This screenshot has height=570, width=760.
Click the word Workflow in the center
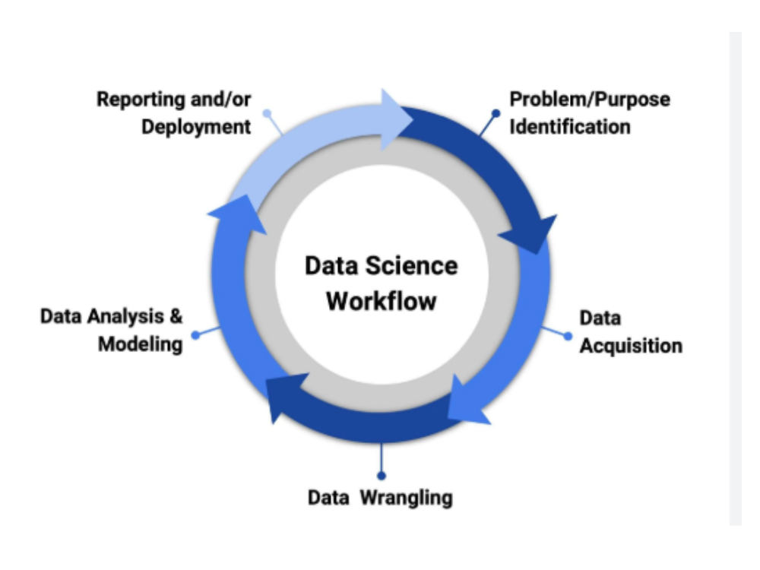click(382, 301)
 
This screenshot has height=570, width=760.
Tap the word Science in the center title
click(411, 265)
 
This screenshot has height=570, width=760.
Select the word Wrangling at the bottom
click(406, 498)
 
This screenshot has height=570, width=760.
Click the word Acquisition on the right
click(631, 346)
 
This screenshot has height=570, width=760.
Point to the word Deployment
click(196, 127)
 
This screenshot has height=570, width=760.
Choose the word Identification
click(570, 126)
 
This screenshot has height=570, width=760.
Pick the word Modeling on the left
click(141, 344)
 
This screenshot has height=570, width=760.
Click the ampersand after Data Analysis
click(176, 316)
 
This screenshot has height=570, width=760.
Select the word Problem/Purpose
click(590, 100)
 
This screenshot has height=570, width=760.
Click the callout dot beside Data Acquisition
click(568, 336)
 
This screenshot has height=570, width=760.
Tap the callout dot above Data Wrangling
click(382, 476)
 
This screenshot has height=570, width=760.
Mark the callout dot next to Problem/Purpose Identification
click(496, 113)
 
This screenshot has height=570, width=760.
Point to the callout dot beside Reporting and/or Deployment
click(267, 113)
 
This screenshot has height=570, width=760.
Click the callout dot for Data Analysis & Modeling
click(195, 335)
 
